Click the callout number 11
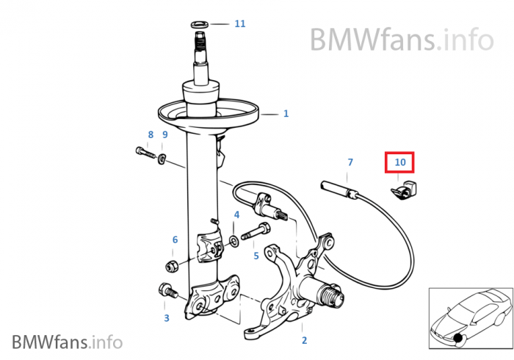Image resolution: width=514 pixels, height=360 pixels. tap(240, 24)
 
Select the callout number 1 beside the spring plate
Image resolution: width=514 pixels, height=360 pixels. tap(286, 114)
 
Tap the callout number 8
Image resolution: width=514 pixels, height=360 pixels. tap(151, 134)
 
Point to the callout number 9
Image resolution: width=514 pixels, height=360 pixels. tap(165, 134)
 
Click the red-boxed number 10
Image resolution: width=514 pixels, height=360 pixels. tap(399, 162)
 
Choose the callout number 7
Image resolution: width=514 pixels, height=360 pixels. tap(350, 162)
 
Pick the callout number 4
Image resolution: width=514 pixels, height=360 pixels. tap(236, 215)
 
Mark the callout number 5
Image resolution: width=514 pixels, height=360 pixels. tap(256, 256)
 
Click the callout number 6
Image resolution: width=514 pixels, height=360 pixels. tap(175, 240)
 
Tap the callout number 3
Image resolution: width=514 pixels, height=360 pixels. tap(167, 317)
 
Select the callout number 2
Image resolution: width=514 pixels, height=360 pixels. tap(304, 340)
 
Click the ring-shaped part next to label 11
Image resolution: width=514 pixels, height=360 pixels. tap(200, 24)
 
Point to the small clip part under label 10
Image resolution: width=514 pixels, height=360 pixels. tap(404, 190)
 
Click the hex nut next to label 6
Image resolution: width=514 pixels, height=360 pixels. tap(172, 265)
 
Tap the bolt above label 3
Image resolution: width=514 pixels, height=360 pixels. tap(167, 290)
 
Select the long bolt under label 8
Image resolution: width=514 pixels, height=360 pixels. tap(145, 153)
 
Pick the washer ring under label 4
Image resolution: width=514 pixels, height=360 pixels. tap(234, 241)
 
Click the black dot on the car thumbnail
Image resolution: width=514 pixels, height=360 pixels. tap(457, 338)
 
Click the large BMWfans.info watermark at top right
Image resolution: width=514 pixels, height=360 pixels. tap(402, 40)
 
